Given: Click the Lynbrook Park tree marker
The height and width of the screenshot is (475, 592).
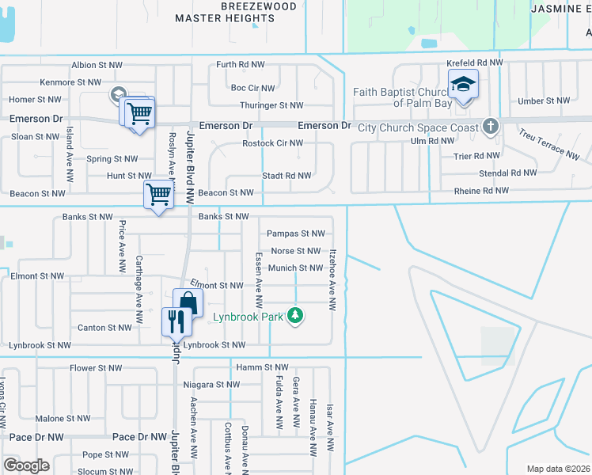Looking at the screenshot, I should [x=295, y=316].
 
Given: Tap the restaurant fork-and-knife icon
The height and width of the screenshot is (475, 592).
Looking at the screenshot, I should [x=176, y=321].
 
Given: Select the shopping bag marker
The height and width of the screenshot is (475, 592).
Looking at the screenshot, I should [x=188, y=302].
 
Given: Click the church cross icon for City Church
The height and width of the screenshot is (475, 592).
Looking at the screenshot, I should [x=491, y=127].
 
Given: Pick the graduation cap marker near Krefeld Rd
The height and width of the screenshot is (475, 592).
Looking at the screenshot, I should [x=463, y=83].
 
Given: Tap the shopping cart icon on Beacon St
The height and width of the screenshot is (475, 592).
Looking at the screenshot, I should [x=158, y=194].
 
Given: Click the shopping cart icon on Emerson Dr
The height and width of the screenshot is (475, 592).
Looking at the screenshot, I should [x=139, y=112].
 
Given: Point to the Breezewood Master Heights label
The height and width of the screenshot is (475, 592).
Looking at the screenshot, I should [x=236, y=12].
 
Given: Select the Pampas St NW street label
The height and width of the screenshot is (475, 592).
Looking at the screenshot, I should [x=296, y=234].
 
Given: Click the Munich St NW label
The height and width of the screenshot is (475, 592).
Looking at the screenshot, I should [x=295, y=268].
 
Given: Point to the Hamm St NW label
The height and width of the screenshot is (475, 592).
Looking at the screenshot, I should [x=263, y=367].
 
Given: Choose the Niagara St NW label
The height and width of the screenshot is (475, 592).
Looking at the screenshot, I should [x=211, y=385].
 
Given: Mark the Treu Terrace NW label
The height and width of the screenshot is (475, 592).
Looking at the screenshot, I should [x=553, y=140].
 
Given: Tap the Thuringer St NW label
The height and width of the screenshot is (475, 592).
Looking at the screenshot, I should [x=272, y=105].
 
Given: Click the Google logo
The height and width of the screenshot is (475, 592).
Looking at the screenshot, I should [x=26, y=465].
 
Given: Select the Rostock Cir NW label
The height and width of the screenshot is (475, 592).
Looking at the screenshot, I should [x=273, y=143].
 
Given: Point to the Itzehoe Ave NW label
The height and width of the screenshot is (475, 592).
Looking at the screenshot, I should [x=334, y=279].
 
